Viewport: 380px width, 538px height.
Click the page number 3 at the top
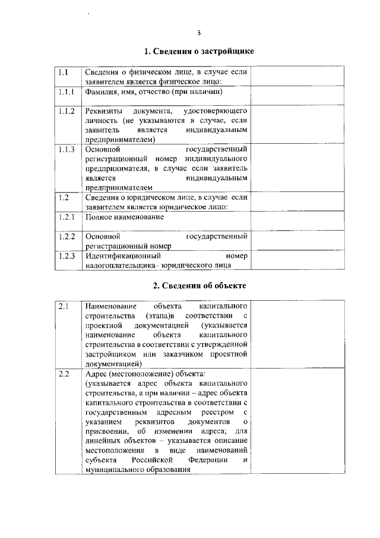click(x=199, y=32)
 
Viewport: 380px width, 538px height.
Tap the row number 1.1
click(x=63, y=73)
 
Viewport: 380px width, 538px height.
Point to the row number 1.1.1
click(x=66, y=92)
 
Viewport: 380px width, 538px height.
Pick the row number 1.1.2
click(x=66, y=111)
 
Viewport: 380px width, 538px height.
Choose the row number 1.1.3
click(x=66, y=149)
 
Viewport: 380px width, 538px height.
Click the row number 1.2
click(x=63, y=197)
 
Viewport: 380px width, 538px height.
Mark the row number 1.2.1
click(x=66, y=217)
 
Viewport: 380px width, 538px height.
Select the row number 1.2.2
click(x=66, y=237)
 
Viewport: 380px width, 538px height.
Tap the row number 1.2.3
click(x=66, y=256)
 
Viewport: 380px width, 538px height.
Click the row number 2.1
click(x=63, y=307)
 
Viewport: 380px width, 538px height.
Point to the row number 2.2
click(x=63, y=374)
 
